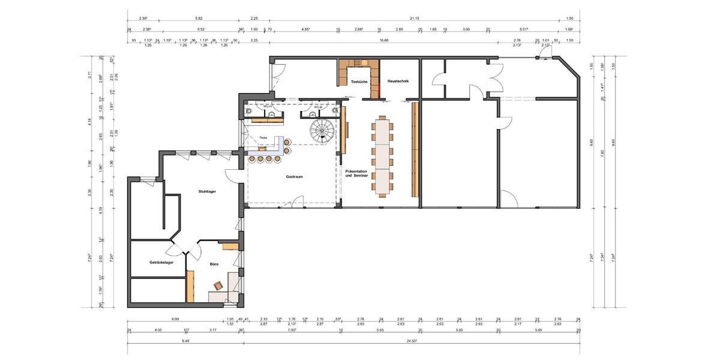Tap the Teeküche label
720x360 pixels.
coord(359,81)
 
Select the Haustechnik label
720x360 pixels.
coord(398,81)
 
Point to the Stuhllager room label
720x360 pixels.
coord(207,191)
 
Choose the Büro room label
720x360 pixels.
coord(213,263)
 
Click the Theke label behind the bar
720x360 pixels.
coord(263,138)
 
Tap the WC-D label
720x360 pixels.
coord(318,107)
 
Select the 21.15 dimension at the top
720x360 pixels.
coord(414,19)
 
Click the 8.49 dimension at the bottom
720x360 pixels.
coord(185,341)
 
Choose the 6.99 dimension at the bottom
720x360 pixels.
coord(175,319)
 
